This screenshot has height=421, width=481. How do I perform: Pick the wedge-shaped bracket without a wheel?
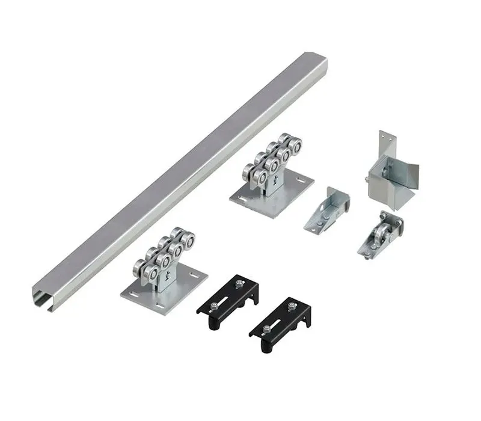(x=329, y=208)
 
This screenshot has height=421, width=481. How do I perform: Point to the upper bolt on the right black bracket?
(x=292, y=306)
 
